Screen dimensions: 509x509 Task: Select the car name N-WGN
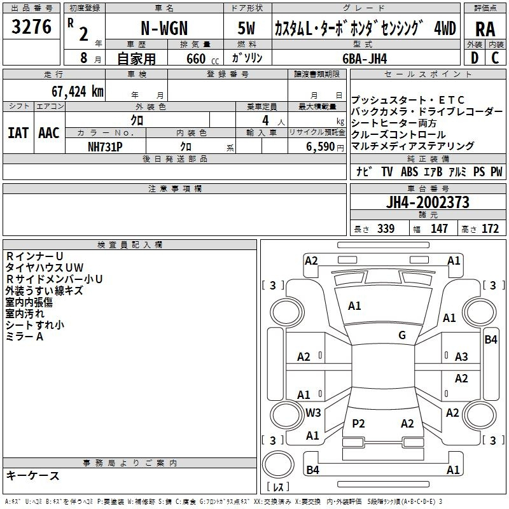point(164,29)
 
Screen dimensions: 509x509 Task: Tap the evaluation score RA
point(485,29)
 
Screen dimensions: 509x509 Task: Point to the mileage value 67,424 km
point(77,91)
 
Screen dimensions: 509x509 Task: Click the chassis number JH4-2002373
point(428,203)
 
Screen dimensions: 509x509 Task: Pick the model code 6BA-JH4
point(364,59)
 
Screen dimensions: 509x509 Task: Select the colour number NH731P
point(105,146)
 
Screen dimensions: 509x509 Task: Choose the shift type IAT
point(18,133)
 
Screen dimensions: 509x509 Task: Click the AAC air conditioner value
point(49,133)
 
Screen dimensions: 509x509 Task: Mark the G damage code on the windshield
point(402,335)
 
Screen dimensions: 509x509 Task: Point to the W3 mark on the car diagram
point(313,412)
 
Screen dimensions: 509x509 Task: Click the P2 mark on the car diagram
point(358,423)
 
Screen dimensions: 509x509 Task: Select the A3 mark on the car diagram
point(461,357)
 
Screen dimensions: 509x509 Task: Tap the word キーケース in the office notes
point(33,476)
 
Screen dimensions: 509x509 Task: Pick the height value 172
point(490,228)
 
